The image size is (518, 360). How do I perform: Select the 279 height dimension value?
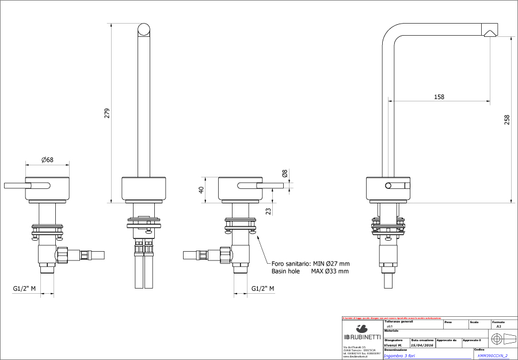coord(106,113)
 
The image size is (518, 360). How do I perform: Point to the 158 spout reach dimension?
coord(439,97)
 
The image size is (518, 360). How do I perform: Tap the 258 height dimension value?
coord(507,119)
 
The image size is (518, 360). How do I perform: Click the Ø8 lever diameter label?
coord(284,173)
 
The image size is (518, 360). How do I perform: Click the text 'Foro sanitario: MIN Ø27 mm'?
coord(310,263)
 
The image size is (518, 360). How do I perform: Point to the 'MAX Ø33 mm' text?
coord(330,271)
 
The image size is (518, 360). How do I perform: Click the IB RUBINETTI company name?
coord(362,336)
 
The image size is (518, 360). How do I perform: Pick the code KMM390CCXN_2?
coord(493,356)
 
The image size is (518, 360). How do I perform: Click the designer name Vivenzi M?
coord(393,346)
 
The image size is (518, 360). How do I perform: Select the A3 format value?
coord(498,326)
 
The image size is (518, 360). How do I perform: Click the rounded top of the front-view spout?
coord(144,30)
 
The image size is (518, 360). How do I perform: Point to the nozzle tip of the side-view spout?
coord(490,33)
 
